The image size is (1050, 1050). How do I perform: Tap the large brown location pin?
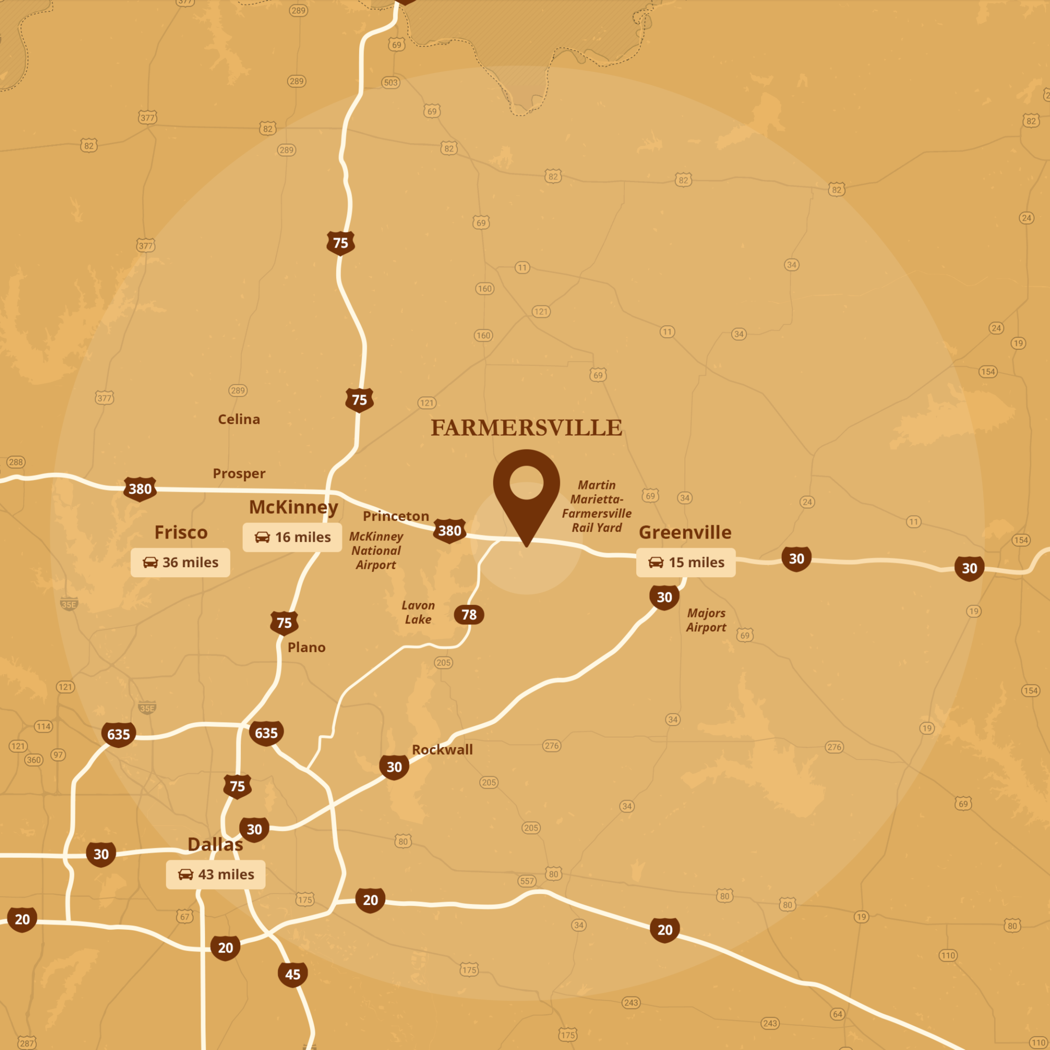(526, 489)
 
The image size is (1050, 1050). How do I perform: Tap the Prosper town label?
(239, 473)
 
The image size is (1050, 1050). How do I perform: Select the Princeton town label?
(396, 516)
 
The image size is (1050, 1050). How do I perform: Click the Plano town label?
(307, 647)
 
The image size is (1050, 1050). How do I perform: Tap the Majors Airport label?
(706, 620)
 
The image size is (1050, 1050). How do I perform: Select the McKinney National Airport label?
(376, 550)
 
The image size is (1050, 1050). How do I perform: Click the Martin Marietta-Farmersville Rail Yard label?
(597, 506)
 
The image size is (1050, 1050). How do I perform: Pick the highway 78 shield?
(469, 615)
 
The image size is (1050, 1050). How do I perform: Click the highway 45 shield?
(292, 974)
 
